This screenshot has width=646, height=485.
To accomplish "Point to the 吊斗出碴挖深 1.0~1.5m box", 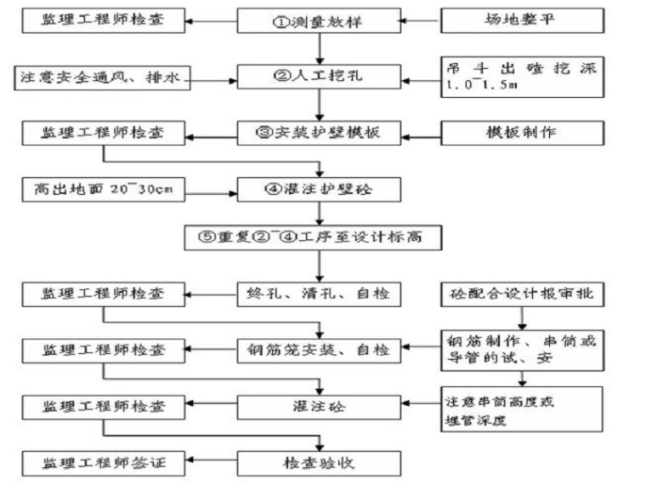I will [521, 76].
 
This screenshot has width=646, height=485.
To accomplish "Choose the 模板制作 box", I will [521, 133].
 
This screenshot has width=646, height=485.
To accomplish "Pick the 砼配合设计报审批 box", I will [521, 294].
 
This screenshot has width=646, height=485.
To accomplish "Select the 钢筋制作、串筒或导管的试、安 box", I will [521, 350].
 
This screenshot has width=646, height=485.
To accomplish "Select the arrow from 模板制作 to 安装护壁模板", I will [420, 133].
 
